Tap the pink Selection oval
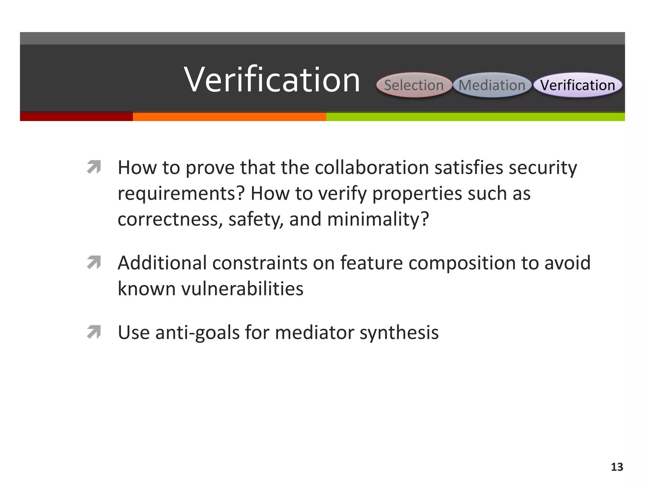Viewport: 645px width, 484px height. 414,85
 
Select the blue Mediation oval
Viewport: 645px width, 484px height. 492,85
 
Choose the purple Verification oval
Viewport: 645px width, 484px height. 578,85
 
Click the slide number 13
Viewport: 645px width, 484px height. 617,467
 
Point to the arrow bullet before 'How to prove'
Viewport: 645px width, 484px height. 94,167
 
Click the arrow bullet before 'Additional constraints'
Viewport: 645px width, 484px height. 94,262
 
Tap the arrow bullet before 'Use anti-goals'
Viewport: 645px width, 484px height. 94,332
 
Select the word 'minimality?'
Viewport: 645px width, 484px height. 378,219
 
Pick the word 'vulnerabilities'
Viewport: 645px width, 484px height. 242,288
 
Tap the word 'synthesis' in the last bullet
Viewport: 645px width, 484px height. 399,333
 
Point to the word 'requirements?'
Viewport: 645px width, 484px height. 181,193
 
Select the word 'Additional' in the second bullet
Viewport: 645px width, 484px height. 162,263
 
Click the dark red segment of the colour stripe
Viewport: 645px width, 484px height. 76,117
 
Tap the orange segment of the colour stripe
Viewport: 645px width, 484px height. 229,117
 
